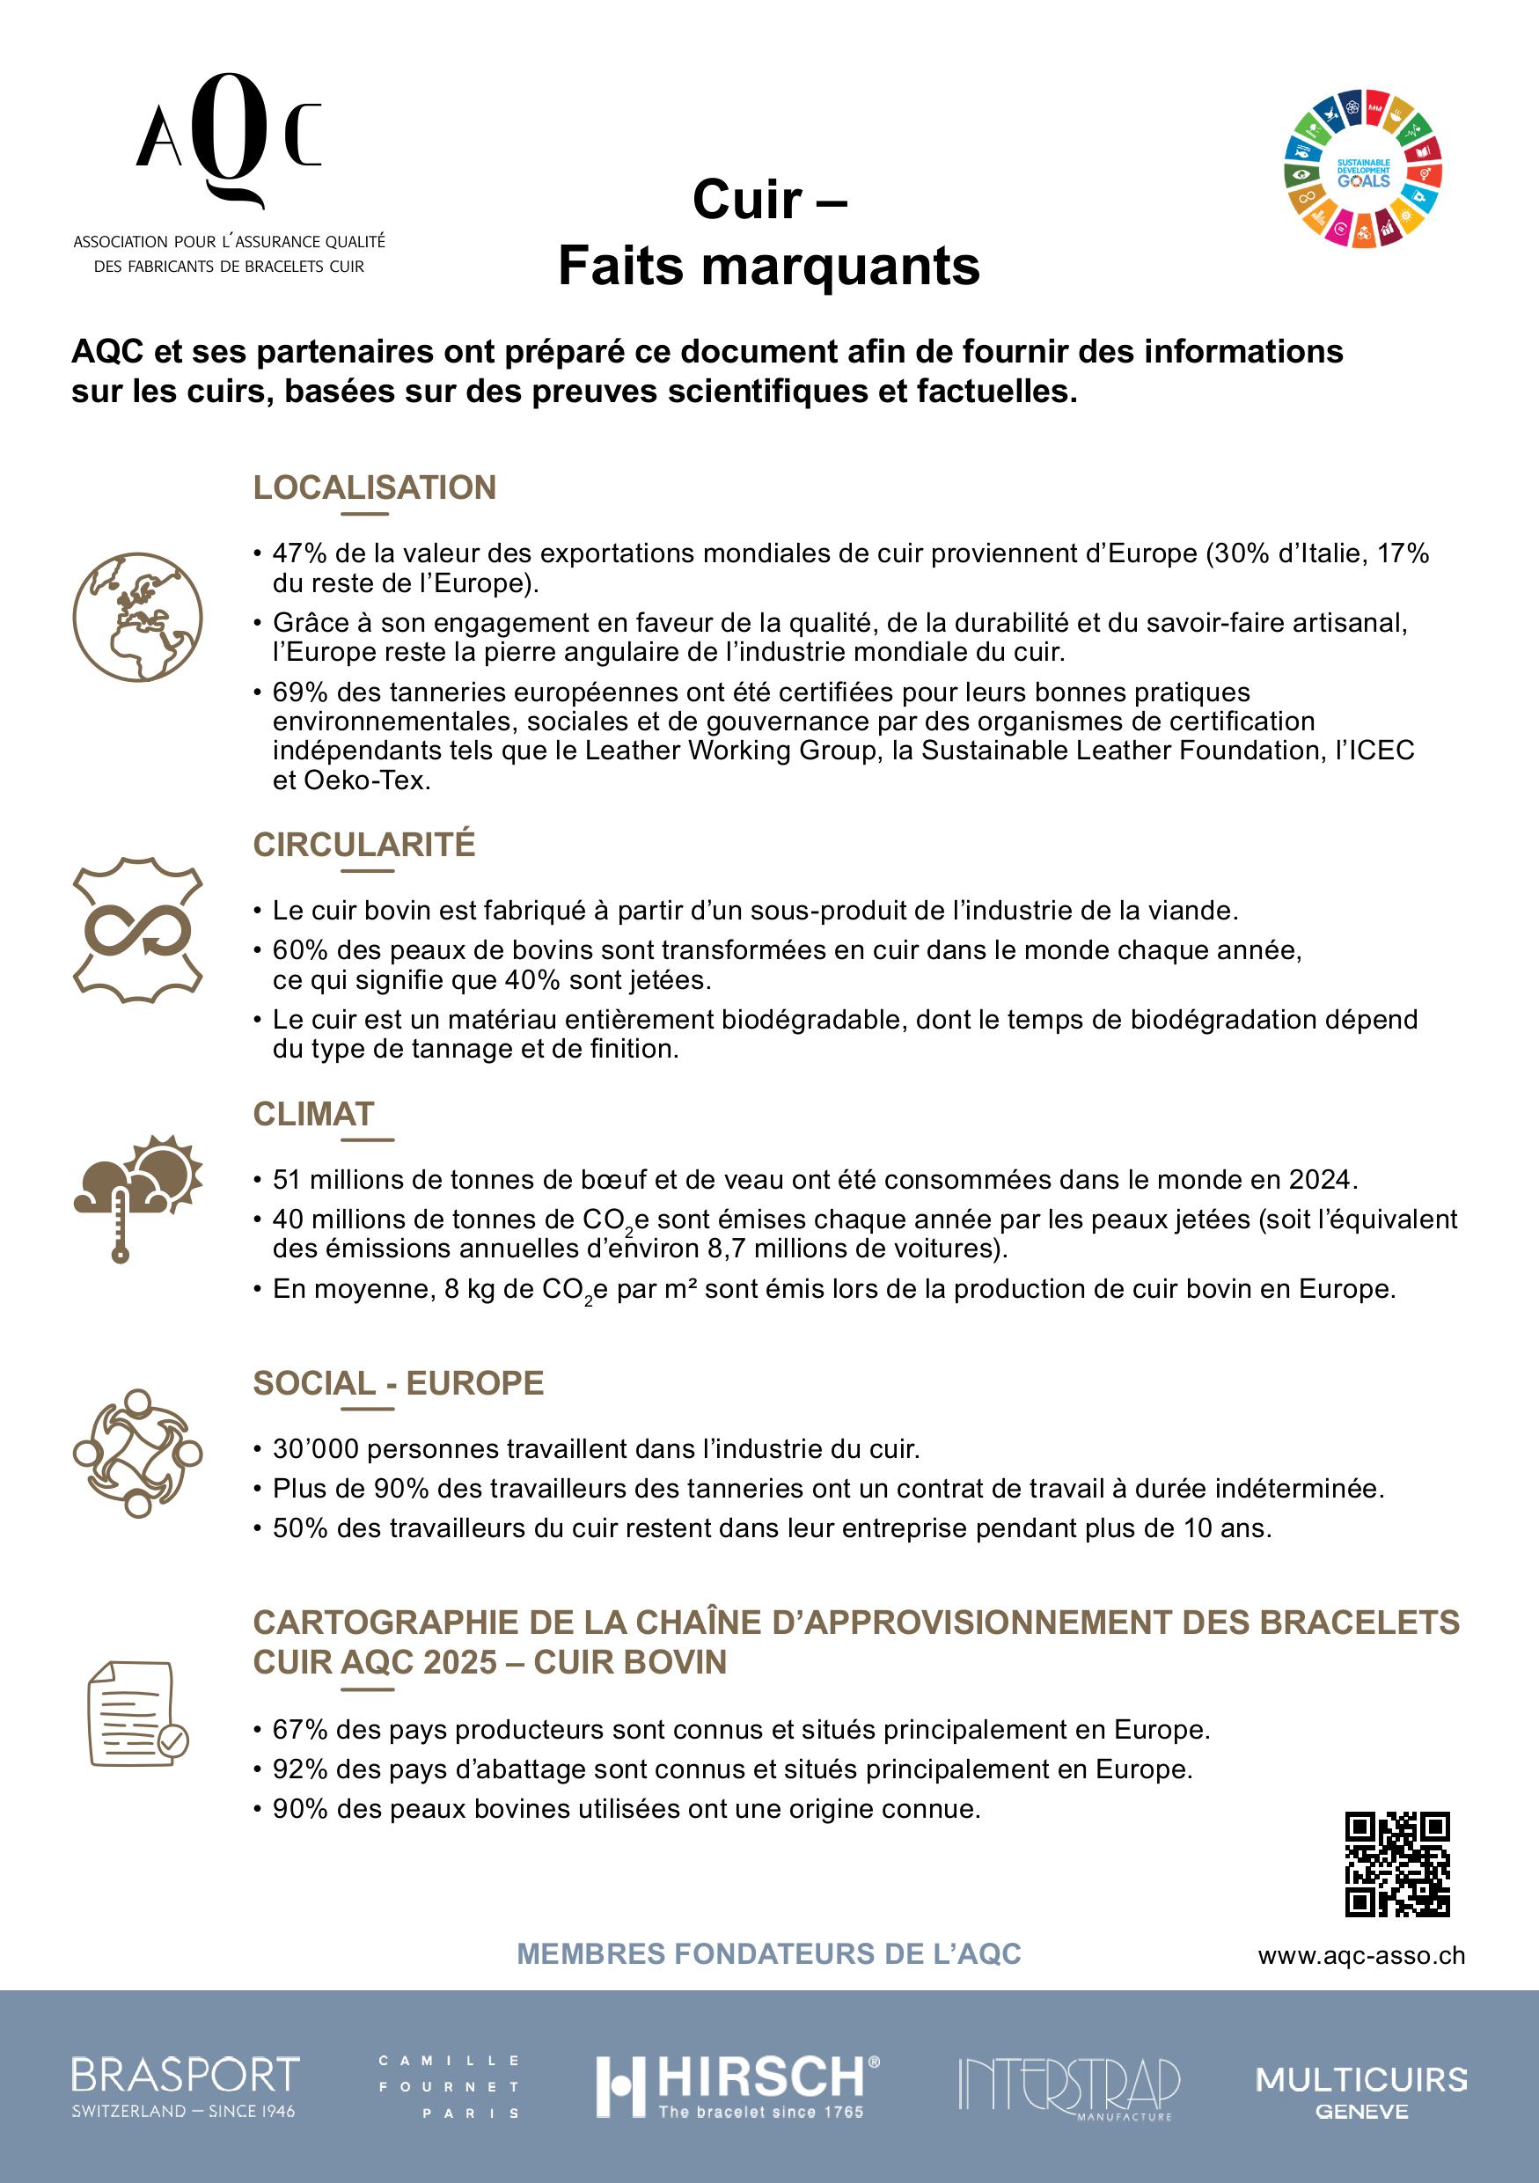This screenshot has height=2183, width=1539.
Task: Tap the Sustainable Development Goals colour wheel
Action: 1363,169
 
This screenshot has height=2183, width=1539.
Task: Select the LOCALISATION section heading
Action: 375,487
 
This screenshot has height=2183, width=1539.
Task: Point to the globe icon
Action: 138,616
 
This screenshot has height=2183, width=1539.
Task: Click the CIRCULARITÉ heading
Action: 364,845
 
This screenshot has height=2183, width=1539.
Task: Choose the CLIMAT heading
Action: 313,1113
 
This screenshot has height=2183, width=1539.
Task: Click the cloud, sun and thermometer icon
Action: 138,1196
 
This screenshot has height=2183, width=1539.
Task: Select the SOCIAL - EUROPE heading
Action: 399,1383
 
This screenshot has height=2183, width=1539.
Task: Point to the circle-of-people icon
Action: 138,1453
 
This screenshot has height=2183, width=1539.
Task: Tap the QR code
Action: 1396,1864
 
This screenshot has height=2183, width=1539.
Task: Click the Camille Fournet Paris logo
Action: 449,2087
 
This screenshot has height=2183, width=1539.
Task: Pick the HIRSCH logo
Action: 737,2087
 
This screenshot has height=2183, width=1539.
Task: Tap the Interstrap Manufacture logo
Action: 1068,2087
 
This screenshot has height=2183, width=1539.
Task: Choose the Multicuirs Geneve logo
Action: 1361,2091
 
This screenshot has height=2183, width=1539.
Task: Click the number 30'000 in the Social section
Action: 315,1449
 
